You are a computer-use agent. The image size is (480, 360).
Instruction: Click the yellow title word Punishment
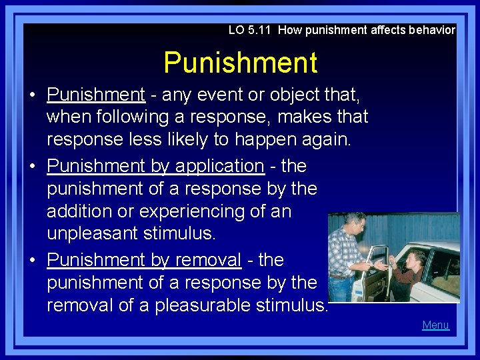point(240,63)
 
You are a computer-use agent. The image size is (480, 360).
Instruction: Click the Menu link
point(435,325)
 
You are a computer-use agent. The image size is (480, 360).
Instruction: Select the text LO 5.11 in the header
point(250,30)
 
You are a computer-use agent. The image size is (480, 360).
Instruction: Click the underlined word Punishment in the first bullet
point(96,95)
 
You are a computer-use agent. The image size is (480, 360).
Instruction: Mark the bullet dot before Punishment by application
point(33,166)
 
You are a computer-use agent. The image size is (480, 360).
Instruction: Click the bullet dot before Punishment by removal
point(33,260)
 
